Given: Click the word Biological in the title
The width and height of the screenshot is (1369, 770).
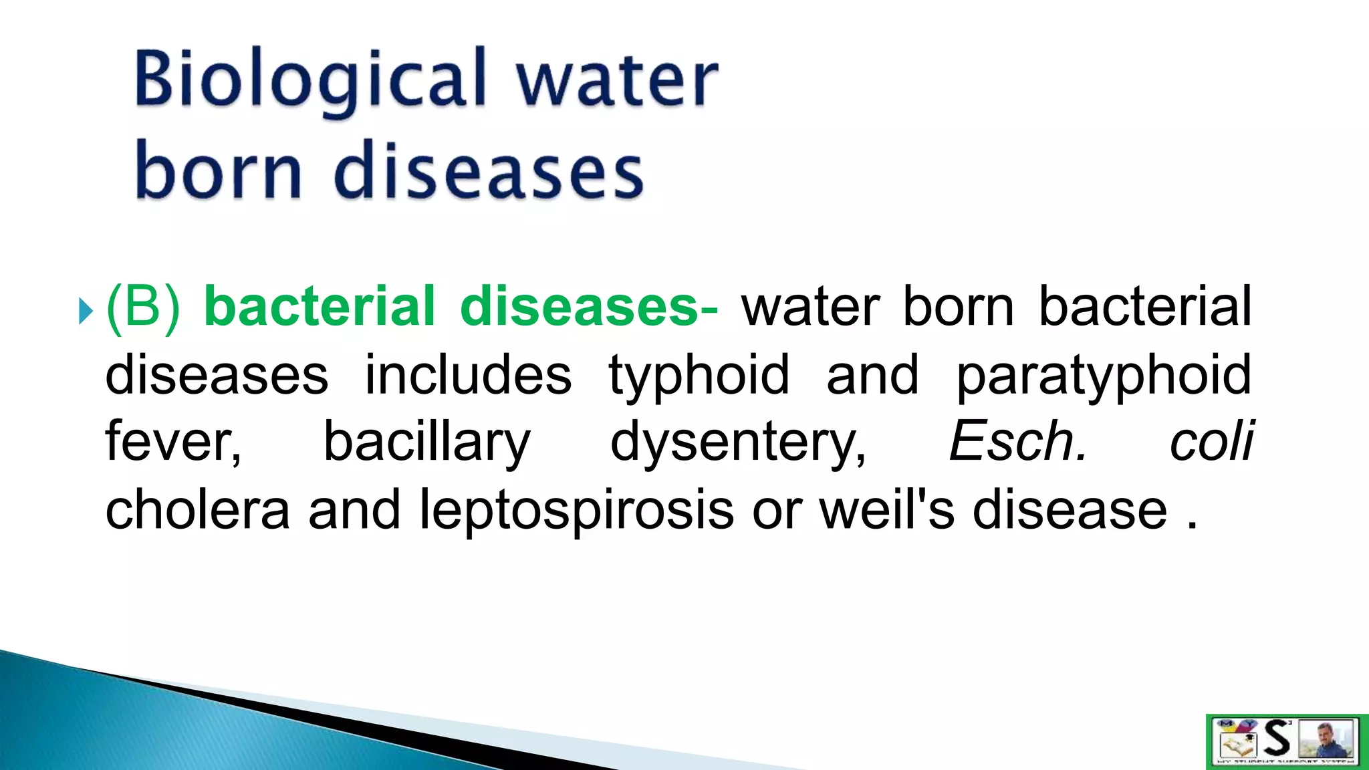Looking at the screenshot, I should click(x=312, y=80).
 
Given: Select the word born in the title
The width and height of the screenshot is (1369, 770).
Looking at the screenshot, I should click(x=218, y=171).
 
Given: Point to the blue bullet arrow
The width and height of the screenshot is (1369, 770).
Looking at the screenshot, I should click(x=86, y=311).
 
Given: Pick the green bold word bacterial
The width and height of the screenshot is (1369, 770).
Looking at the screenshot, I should click(x=320, y=306).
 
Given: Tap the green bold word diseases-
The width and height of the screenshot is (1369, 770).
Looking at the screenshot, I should click(x=589, y=306).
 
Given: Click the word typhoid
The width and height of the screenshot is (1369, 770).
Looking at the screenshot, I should click(x=699, y=376).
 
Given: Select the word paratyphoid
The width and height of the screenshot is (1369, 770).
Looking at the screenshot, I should click(x=1104, y=376).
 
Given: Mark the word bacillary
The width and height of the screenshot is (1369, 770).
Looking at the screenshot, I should click(x=426, y=442).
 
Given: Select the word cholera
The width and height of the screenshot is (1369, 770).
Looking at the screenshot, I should click(x=198, y=509).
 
